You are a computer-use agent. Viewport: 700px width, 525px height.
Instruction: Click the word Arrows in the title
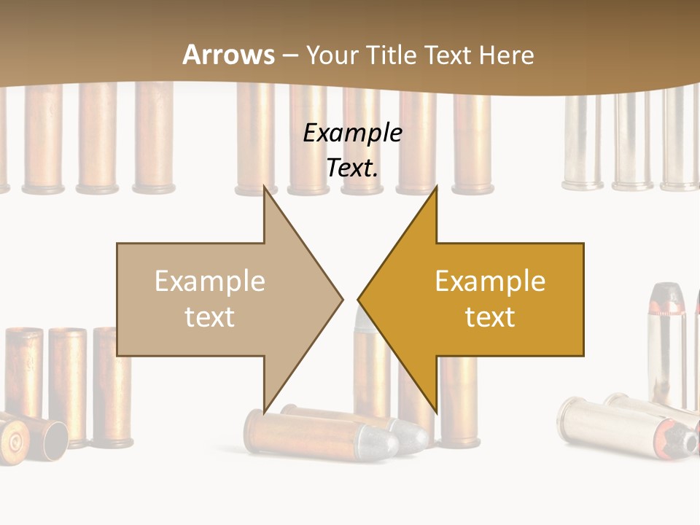pos(228,55)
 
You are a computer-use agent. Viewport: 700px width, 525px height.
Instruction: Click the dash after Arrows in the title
pos(289,56)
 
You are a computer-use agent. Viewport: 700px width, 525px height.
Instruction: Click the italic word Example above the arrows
pos(352,133)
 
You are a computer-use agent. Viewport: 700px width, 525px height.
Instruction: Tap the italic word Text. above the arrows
pos(352,168)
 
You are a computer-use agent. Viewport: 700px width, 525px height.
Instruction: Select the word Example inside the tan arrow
pos(210,281)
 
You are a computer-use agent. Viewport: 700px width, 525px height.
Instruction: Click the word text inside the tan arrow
pos(210,317)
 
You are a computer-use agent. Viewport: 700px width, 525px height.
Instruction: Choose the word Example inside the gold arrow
pos(490,281)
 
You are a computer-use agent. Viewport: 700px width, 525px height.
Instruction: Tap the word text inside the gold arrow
pos(490,317)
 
